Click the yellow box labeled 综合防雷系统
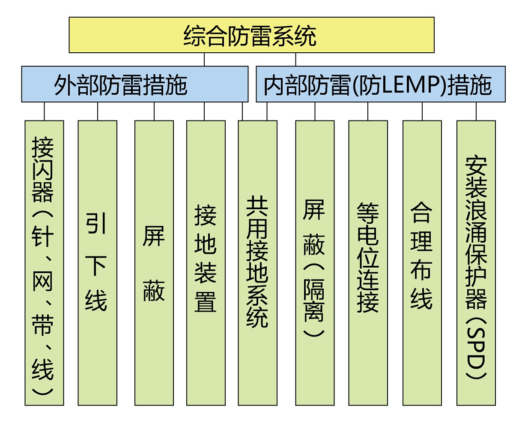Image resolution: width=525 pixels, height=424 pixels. click(x=251, y=35)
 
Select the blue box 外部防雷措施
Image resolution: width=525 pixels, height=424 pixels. click(x=134, y=84)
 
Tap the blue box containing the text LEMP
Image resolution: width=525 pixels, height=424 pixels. click(x=380, y=84)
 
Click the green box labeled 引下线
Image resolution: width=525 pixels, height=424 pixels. click(x=97, y=262)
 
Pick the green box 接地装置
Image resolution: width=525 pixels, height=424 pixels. click(x=206, y=262)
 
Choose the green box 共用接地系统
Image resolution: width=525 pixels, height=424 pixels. click(x=257, y=262)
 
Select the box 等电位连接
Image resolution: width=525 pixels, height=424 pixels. click(x=368, y=262)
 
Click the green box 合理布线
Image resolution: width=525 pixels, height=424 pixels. click(x=422, y=262)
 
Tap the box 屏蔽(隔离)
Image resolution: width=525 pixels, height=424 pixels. click(x=315, y=262)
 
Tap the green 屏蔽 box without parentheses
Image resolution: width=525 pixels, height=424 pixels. click(x=154, y=262)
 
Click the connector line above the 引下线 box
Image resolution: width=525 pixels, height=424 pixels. click(x=98, y=111)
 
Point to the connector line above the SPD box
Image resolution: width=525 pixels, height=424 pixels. click(x=476, y=111)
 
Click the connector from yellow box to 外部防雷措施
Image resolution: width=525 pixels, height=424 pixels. click(x=204, y=60)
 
